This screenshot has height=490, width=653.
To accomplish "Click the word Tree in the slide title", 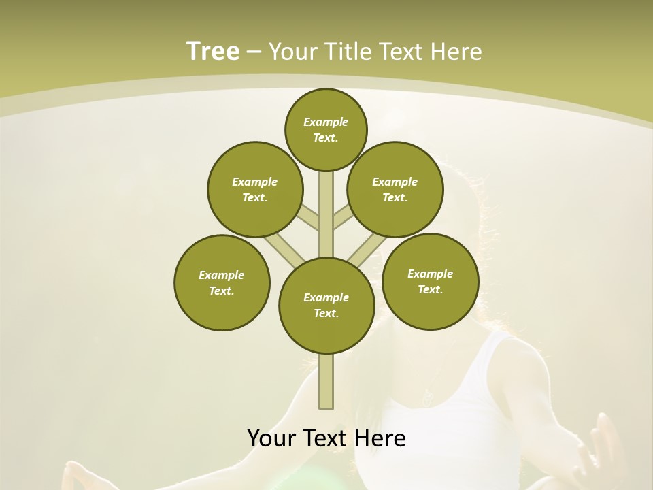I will tap(213, 51).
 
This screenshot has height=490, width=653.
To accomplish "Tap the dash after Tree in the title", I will tap(254, 52).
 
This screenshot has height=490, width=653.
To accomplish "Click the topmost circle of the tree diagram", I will tap(326, 129).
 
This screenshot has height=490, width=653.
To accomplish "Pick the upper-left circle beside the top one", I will tap(254, 189).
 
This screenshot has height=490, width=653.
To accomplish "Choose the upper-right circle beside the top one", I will tap(395, 189).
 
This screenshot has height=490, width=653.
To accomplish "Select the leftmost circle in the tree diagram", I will tap(222, 282).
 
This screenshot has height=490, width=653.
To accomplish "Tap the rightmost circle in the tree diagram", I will tap(430, 281).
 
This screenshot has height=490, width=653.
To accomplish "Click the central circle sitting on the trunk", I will tap(326, 305).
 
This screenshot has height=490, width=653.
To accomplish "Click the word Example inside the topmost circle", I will tap(326, 122).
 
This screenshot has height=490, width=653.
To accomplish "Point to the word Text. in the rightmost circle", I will tap(430, 289).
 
